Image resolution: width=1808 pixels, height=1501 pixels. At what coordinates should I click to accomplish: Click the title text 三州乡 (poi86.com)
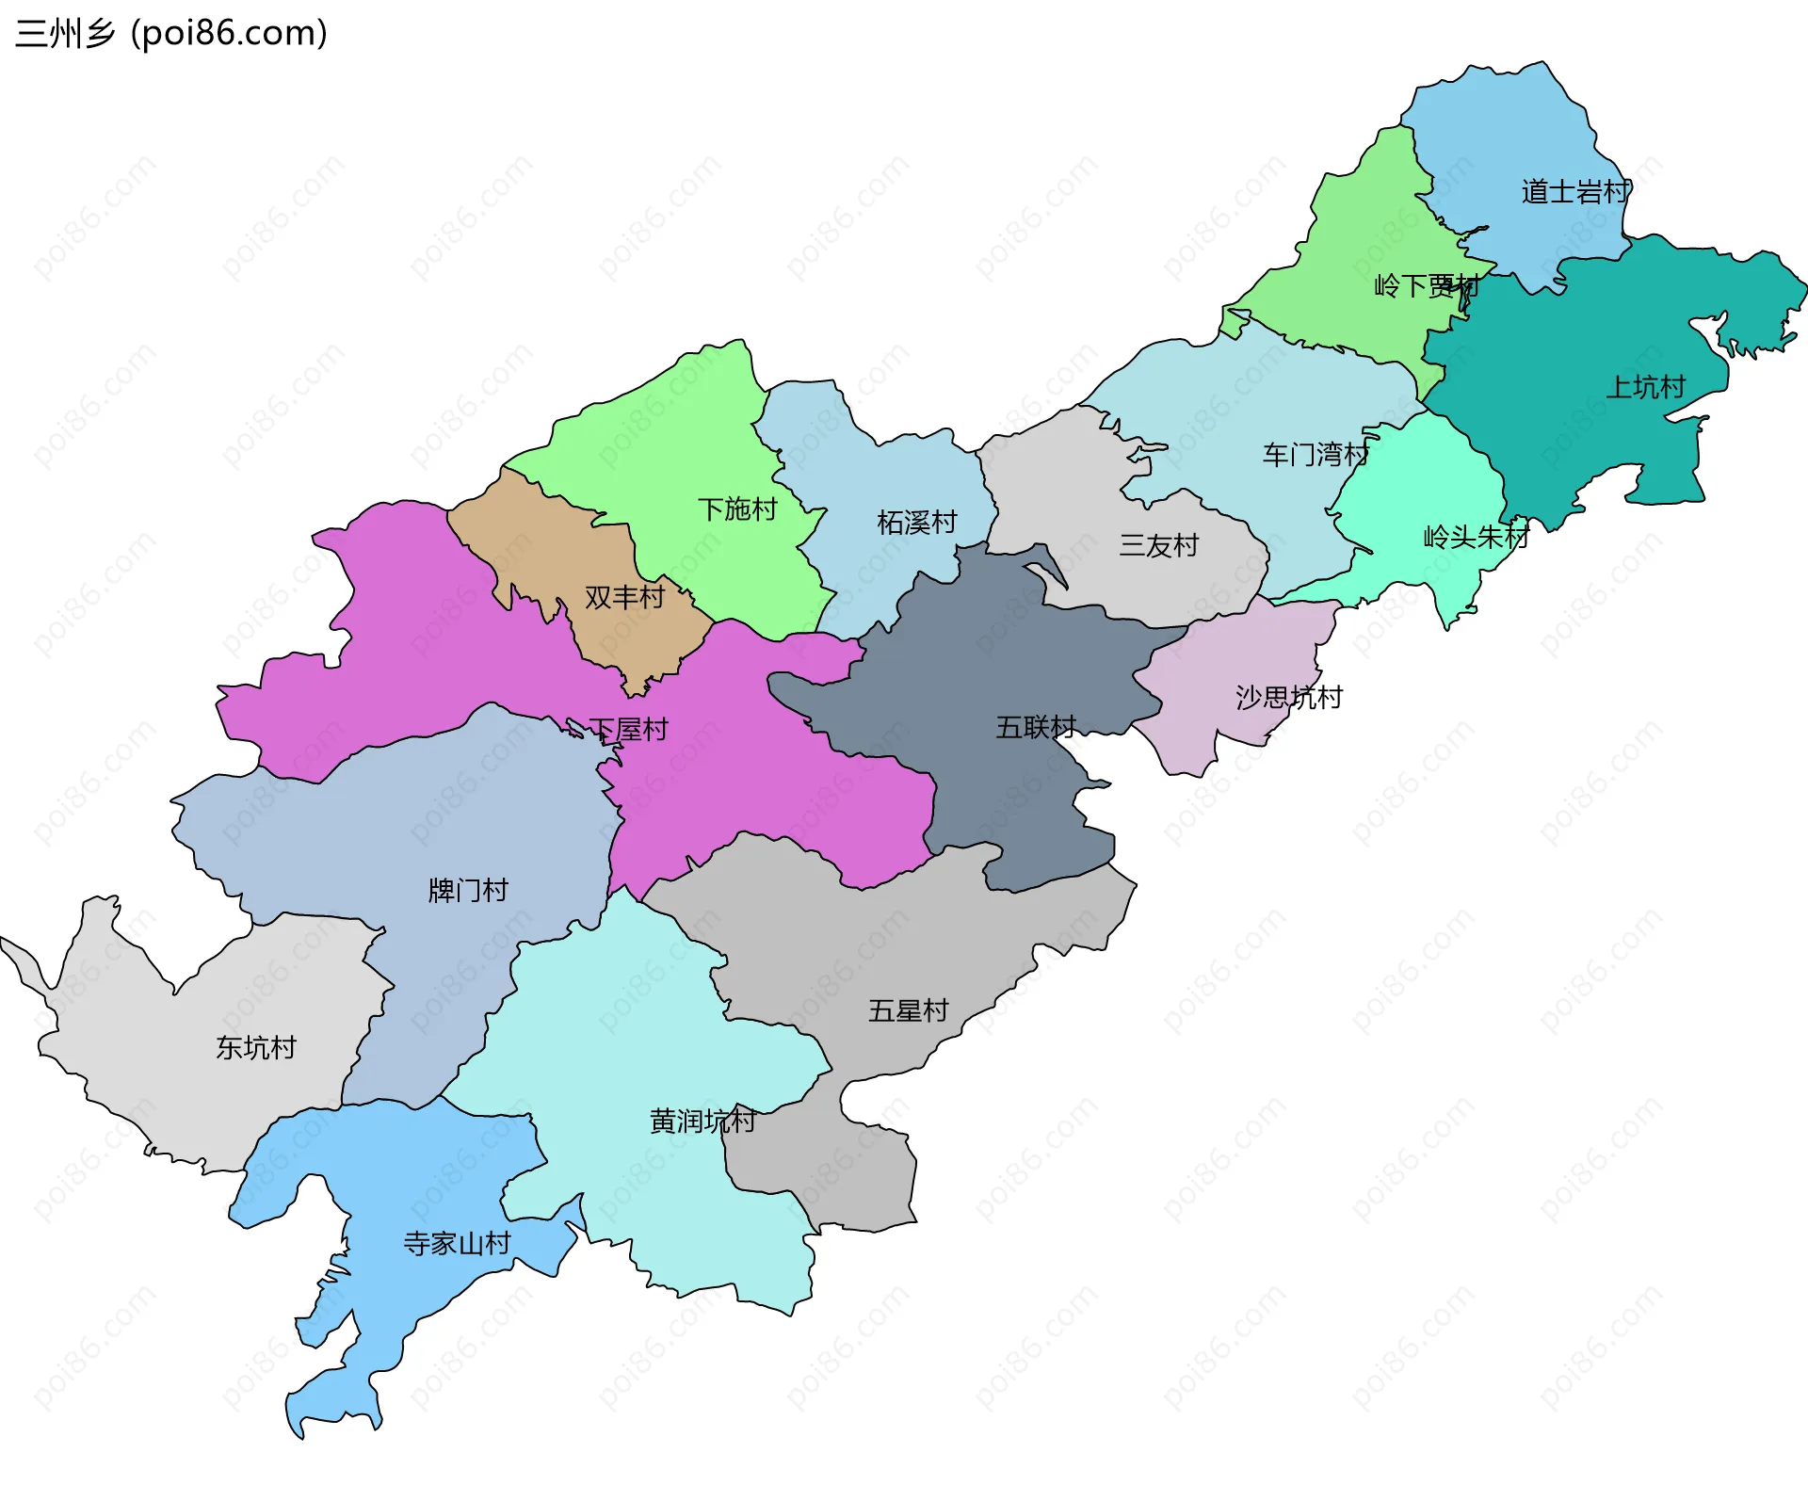[x=171, y=34]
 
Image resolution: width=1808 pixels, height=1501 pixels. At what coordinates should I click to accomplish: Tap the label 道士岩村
[x=1575, y=192]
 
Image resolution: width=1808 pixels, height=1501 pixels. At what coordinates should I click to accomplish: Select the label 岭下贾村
[x=1426, y=285]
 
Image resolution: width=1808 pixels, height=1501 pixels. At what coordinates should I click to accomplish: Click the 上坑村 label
[x=1645, y=387]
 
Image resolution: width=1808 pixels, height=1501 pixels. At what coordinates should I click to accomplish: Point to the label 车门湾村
[x=1315, y=455]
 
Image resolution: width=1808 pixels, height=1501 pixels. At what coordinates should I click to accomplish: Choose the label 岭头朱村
[x=1476, y=537]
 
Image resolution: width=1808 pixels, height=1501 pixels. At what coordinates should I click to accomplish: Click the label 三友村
[x=1158, y=545]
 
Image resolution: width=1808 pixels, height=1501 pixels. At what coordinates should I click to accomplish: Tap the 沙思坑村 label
[x=1288, y=698]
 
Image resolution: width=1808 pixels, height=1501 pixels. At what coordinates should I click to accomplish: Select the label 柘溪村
[x=916, y=522]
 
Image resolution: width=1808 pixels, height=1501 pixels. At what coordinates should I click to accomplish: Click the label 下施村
[x=737, y=509]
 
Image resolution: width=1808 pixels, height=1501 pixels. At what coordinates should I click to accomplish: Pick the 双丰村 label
[x=624, y=597]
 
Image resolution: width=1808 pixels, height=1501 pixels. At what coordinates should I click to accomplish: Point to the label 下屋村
[x=628, y=729]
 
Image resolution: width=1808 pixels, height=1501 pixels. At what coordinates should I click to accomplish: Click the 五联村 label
[x=1036, y=727]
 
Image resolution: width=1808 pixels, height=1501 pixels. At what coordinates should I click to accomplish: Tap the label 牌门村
[x=468, y=890]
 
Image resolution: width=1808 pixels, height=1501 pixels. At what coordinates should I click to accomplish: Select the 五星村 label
[x=908, y=1011]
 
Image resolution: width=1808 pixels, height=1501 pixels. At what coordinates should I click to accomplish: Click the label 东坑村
[x=256, y=1047]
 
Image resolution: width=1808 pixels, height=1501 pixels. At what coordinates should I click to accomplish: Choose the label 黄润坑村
[x=702, y=1121]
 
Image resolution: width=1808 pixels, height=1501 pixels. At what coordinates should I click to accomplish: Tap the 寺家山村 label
[x=457, y=1243]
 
